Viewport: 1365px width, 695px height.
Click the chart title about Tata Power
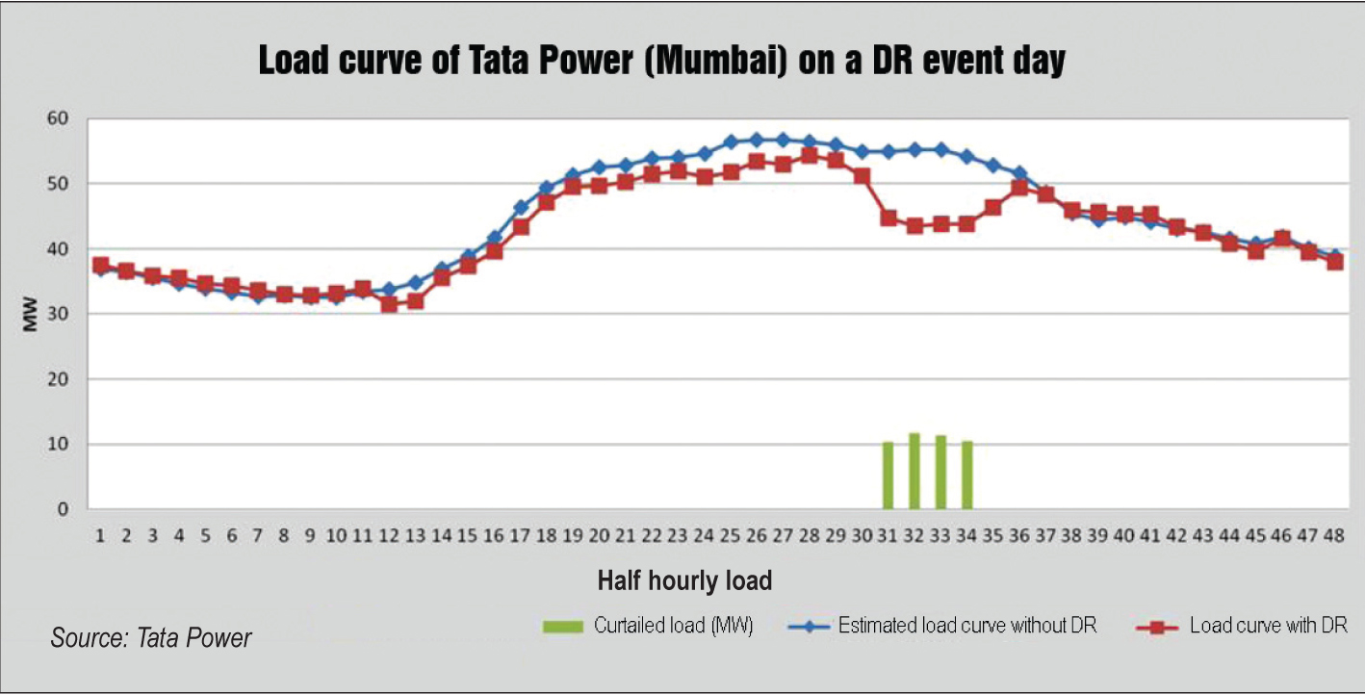[661, 61]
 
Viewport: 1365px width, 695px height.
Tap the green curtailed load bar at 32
[914, 472]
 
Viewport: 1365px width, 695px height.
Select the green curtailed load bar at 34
[967, 475]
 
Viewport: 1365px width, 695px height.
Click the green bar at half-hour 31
[888, 476]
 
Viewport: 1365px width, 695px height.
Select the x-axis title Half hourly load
[684, 580]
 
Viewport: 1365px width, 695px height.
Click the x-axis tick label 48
[1334, 536]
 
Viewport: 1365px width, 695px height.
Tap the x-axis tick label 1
[100, 536]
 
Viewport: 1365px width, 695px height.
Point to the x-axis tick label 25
[730, 536]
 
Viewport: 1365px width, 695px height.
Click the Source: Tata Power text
[151, 637]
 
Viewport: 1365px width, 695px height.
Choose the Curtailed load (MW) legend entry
[648, 626]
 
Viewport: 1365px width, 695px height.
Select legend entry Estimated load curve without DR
[940, 626]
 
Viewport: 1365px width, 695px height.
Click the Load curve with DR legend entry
[1242, 626]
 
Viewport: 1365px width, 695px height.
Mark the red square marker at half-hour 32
[914, 226]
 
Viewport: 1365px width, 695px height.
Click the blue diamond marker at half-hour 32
[914, 149]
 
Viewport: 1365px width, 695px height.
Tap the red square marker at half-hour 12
[389, 304]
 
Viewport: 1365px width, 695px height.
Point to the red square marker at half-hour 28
[810, 156]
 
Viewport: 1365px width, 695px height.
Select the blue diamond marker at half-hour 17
[521, 207]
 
